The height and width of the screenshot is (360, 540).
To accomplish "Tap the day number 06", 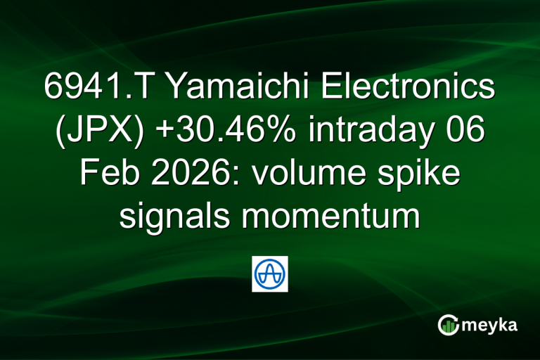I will tap(465, 131).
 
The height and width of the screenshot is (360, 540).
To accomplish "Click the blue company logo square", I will tap(270, 274).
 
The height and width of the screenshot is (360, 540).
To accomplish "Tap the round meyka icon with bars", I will tap(449, 324).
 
